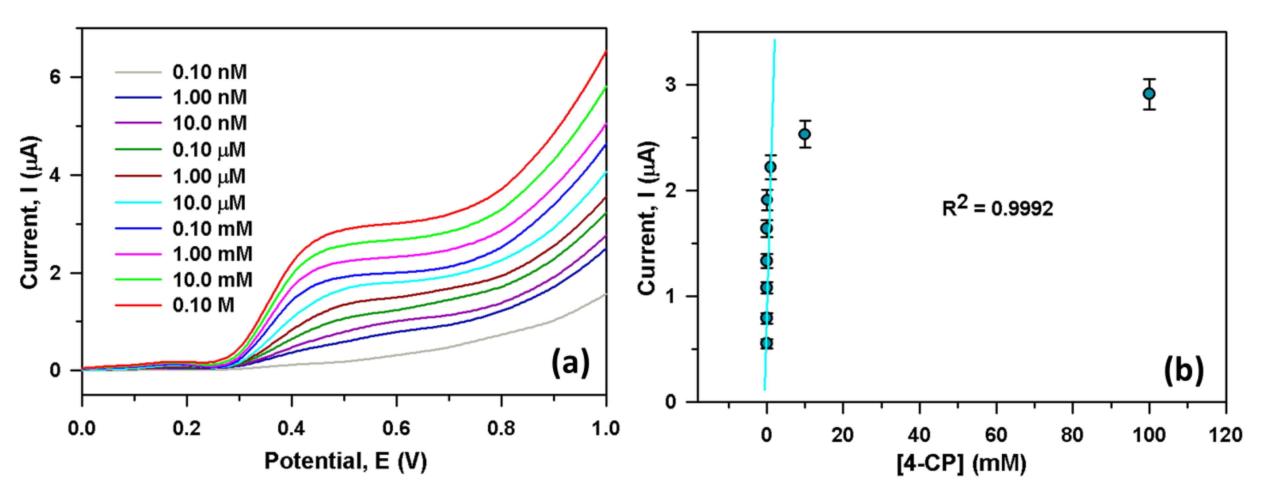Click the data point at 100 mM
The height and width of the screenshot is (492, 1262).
click(1149, 94)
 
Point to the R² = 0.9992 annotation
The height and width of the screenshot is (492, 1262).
click(997, 208)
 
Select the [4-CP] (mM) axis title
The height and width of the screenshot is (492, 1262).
click(961, 463)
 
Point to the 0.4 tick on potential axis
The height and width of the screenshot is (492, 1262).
click(291, 429)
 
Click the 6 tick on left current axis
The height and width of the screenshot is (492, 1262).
click(55, 77)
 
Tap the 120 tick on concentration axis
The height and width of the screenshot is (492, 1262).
click(1225, 435)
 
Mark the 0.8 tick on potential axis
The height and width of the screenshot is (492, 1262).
click(501, 429)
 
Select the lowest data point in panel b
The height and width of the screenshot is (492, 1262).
click(767, 343)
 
